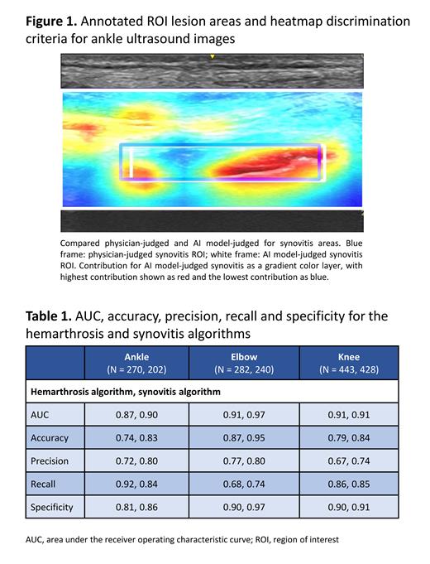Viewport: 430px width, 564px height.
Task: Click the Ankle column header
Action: coord(136,363)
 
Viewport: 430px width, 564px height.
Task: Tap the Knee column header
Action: coord(348,363)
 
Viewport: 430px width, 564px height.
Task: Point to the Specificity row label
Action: coord(53,507)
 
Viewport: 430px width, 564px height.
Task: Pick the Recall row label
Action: coord(45,484)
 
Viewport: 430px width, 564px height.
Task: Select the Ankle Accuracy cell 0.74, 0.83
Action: coord(136,437)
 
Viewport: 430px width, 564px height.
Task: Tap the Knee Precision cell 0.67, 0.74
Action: coord(348,460)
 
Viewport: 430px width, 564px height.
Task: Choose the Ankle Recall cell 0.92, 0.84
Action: coord(136,484)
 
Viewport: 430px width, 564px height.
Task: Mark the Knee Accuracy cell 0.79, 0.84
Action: coord(348,437)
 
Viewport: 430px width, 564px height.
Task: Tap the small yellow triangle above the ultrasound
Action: coord(212,57)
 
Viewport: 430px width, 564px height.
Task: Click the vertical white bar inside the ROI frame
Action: coord(131,161)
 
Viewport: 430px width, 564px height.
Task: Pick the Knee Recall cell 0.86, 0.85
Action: coord(348,484)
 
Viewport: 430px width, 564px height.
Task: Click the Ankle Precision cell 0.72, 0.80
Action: coord(136,460)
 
